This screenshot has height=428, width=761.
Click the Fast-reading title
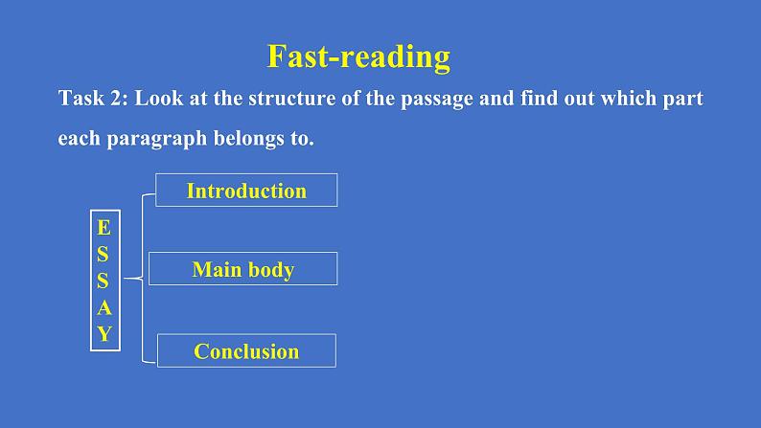pyautogui.click(x=358, y=57)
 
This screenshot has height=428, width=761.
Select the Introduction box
pyautogui.click(x=246, y=190)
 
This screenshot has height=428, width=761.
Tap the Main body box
pyautogui.click(x=243, y=268)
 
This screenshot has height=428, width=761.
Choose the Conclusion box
pyautogui.click(x=246, y=350)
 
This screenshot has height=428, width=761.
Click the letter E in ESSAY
pyautogui.click(x=104, y=227)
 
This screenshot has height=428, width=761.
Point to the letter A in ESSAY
pyautogui.click(x=104, y=307)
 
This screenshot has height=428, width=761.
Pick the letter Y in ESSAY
pyautogui.click(x=104, y=333)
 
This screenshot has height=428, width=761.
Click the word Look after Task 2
pyautogui.click(x=159, y=99)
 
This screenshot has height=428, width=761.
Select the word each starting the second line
pyautogui.click(x=80, y=138)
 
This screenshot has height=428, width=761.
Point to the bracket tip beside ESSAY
pyautogui.click(x=126, y=279)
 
